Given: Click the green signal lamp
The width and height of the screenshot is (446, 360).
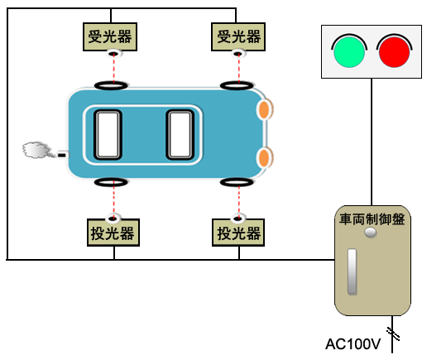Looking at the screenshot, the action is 349,52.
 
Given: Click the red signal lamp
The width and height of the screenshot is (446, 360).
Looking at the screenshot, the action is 394,52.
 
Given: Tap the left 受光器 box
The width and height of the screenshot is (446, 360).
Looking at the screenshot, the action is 110,36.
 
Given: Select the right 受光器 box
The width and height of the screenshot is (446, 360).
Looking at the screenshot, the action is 238,36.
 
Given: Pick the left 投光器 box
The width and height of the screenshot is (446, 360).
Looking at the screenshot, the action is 113,233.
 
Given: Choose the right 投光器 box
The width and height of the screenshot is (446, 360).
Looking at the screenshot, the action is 238,233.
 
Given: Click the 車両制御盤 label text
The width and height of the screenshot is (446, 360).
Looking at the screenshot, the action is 372,219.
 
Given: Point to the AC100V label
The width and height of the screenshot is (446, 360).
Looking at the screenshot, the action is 352,344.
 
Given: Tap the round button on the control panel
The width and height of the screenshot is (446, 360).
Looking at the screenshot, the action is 371,233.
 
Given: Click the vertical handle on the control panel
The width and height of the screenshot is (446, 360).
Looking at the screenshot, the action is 352,271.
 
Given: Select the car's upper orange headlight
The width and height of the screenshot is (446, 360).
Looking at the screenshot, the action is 264,109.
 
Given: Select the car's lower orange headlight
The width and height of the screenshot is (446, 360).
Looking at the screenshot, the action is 264,157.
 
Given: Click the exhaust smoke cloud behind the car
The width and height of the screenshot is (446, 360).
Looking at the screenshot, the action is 36,150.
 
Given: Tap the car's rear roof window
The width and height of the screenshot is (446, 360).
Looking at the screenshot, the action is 108,135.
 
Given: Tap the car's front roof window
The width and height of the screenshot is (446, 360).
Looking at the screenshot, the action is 180,135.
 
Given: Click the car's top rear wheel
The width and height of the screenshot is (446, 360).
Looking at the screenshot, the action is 111,85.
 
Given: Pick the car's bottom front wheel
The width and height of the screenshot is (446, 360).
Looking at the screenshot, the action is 237,182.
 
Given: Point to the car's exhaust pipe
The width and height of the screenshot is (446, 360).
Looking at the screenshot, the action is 63,155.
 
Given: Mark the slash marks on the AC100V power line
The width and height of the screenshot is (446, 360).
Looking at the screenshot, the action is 393,334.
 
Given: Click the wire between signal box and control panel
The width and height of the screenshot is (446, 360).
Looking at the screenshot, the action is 372,142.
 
